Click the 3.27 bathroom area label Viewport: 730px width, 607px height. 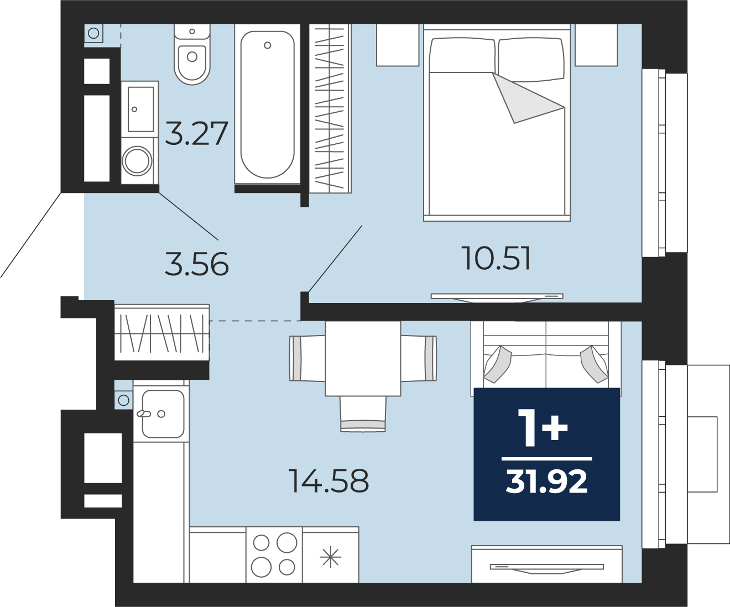pos(196,133)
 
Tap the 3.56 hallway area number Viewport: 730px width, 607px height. pos(196,264)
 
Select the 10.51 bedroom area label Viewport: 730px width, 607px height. pos(496,258)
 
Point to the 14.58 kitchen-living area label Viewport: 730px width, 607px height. pos(328,481)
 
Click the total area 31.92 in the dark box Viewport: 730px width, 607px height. pos(546,482)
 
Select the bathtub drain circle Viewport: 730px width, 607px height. pos(268,45)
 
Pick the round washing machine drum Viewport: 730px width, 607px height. pos(137,161)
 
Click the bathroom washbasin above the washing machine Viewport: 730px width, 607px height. pos(140,109)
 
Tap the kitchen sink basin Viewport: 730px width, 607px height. pos(163,414)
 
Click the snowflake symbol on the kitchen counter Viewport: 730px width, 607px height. pos(330,557)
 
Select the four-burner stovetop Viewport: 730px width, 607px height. pos(274,555)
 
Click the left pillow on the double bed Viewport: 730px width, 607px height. pos(463,56)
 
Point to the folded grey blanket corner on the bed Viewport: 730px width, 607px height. pos(524,98)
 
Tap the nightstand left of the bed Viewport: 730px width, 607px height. pos(398,45)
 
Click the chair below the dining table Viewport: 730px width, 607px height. pos(363,414)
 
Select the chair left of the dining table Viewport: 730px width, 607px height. pos(307,358)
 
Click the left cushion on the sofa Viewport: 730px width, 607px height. pos(497,364)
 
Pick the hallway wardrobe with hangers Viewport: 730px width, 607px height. pos(162,332)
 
